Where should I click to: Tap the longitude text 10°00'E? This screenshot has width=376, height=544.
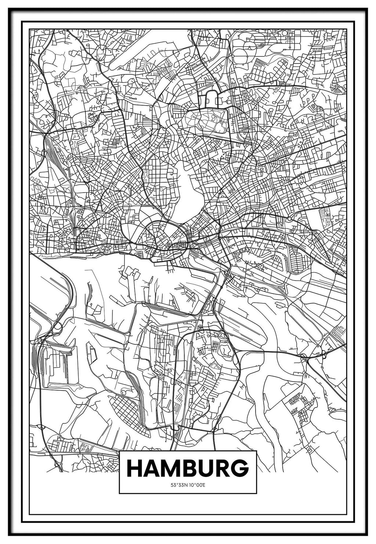pyautogui.click(x=197, y=485)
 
